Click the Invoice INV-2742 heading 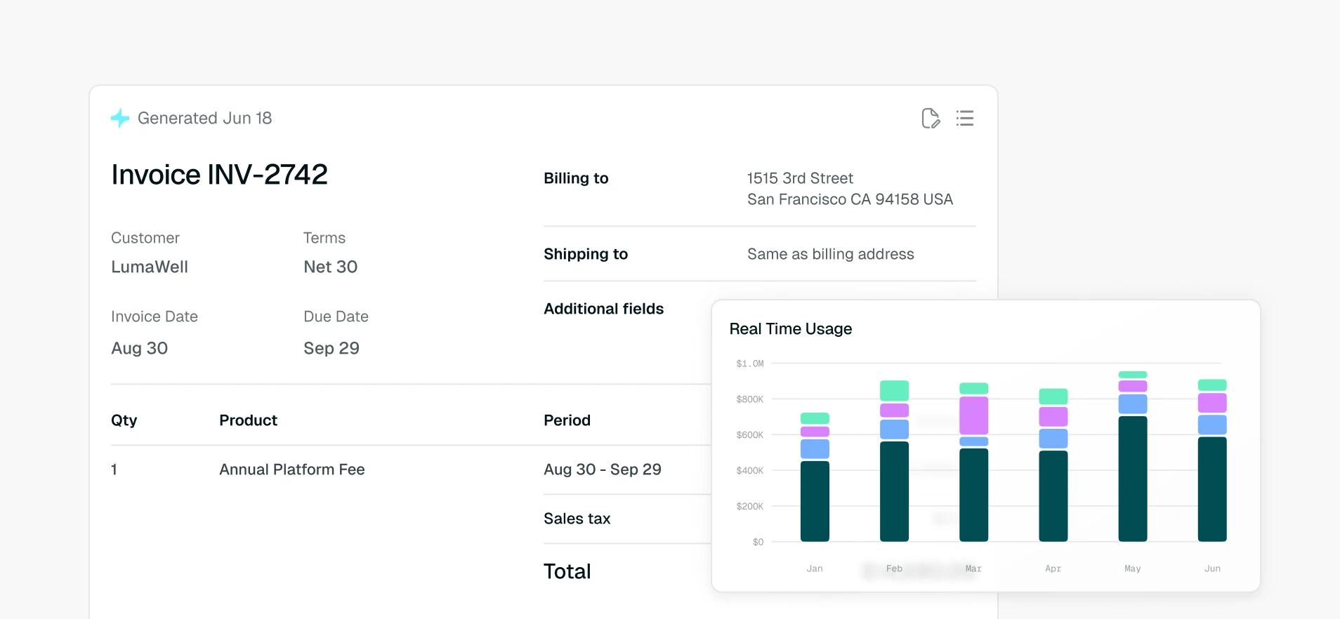coord(219,175)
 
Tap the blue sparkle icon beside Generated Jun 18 coord(120,118)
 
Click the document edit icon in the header coord(931,118)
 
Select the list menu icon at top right coord(965,118)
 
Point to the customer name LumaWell coord(150,267)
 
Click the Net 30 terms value coord(330,267)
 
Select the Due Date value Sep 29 coord(331,348)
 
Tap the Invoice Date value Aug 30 coord(139,348)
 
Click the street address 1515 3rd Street coord(800,178)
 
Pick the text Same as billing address coord(831,254)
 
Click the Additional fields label coord(603,309)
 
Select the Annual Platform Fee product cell coord(292,470)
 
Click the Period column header coord(567,420)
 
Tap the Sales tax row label coord(577,519)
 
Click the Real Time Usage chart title coord(791,328)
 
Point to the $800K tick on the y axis coord(749,399)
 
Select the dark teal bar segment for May coord(1133,479)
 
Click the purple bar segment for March coord(974,415)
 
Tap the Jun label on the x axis coord(1212,568)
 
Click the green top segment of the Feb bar coord(895,391)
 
